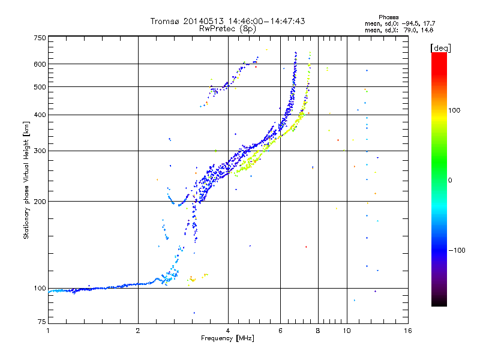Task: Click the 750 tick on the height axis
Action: point(40,38)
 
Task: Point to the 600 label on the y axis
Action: point(40,64)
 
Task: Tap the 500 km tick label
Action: point(40,87)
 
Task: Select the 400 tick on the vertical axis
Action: point(40,115)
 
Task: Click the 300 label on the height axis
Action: point(40,151)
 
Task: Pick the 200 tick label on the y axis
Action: point(40,202)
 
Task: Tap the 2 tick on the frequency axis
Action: point(138,331)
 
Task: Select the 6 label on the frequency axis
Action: point(281,331)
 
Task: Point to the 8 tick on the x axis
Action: point(318,331)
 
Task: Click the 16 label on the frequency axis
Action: point(407,331)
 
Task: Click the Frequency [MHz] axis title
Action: point(228,338)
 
